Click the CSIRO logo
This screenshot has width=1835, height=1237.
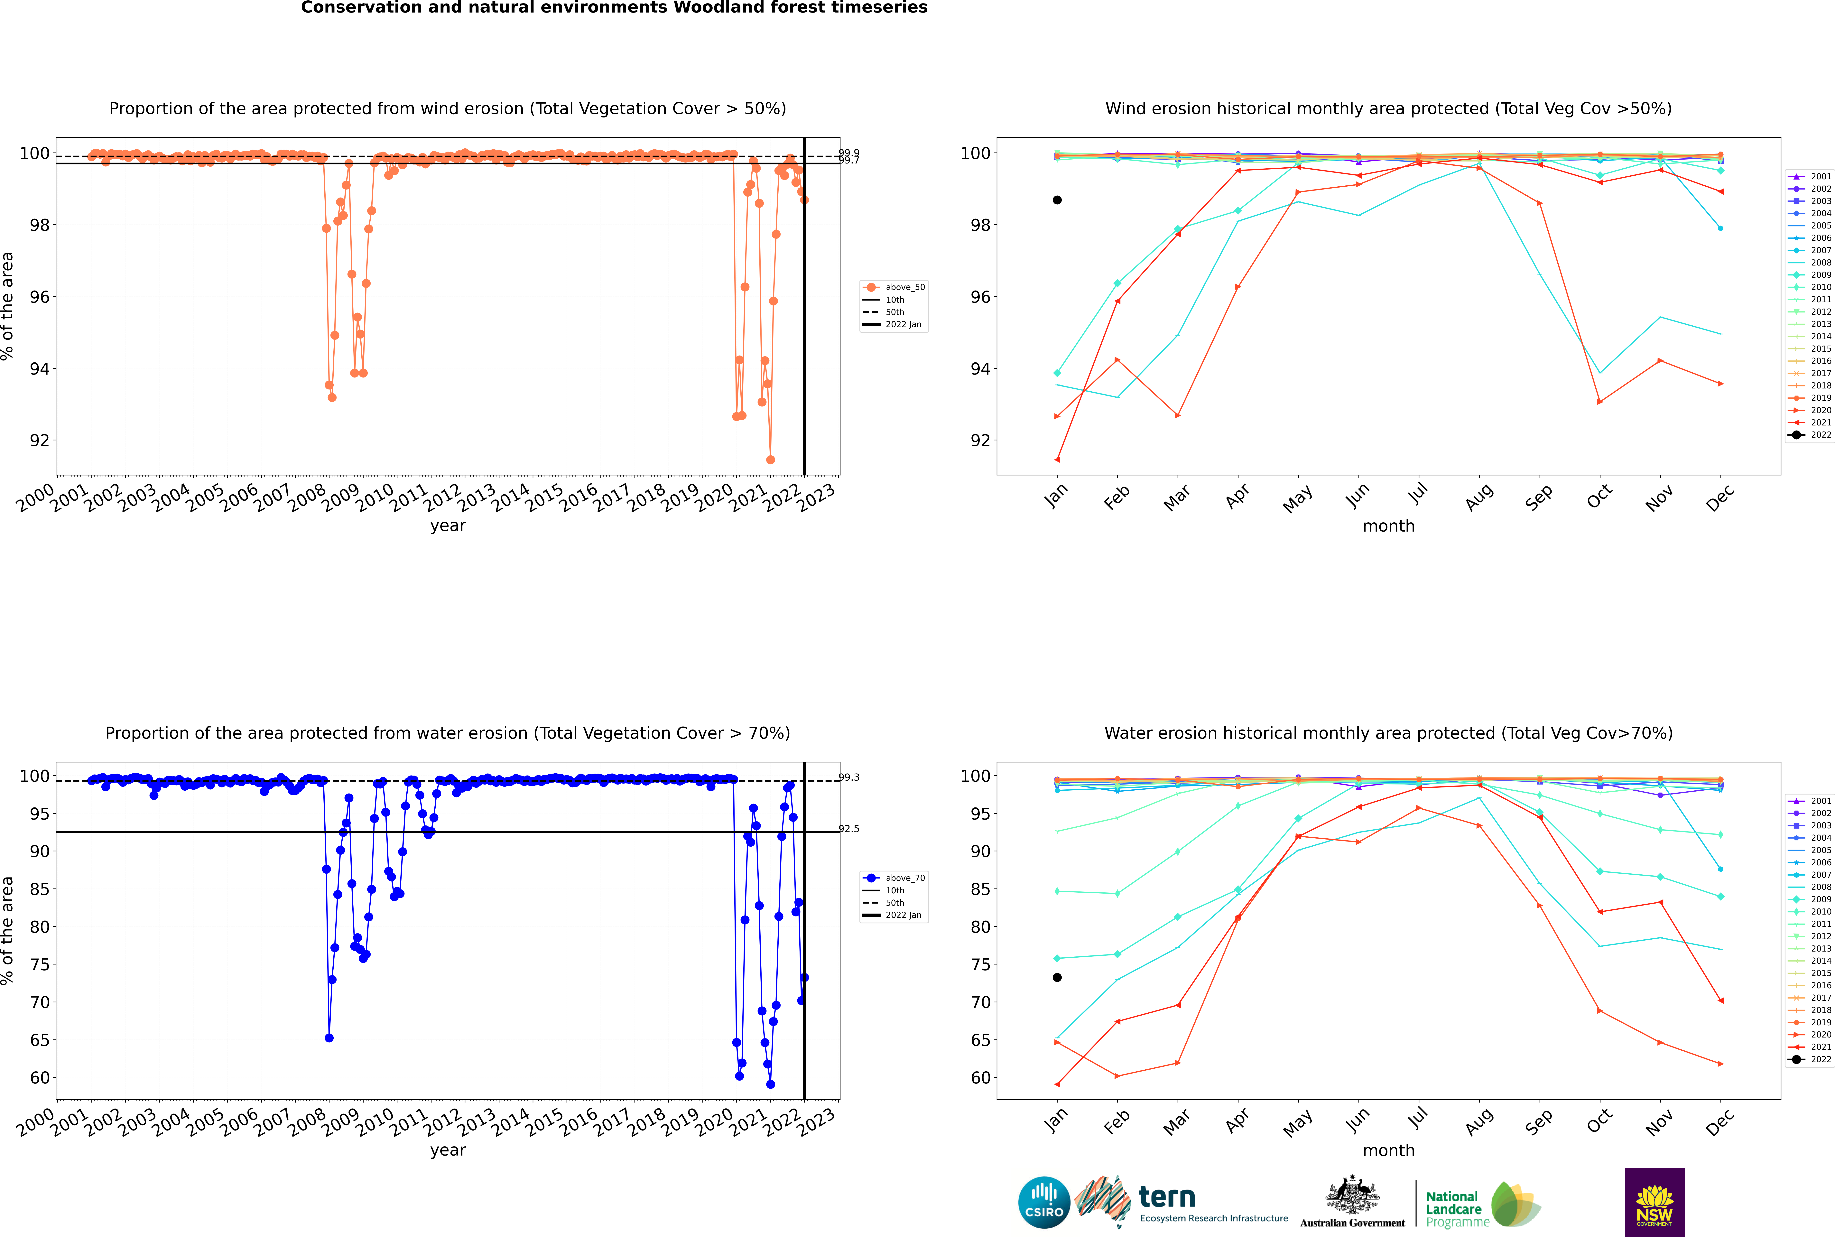coord(1044,1202)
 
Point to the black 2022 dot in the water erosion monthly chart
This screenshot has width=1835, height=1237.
coord(1057,977)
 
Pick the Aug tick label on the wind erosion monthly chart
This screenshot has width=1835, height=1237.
coord(1478,497)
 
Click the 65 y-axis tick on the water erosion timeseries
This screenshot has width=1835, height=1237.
coord(39,1040)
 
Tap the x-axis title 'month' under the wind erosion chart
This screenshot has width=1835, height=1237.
coord(1388,526)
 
